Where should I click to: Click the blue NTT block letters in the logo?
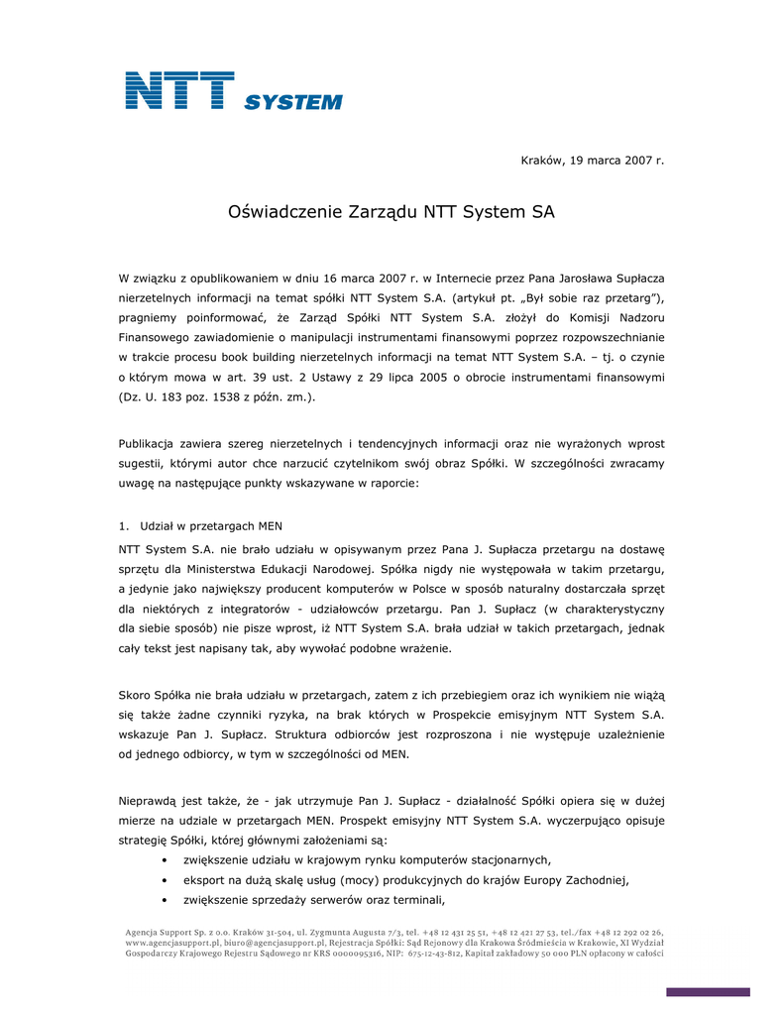pyautogui.click(x=179, y=90)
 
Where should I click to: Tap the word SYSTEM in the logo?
pyautogui.click(x=292, y=102)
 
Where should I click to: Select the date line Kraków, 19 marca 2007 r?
pyautogui.click(x=593, y=160)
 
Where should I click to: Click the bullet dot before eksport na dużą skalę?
pyautogui.click(x=164, y=880)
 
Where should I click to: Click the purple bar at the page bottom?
pyautogui.click(x=708, y=992)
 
